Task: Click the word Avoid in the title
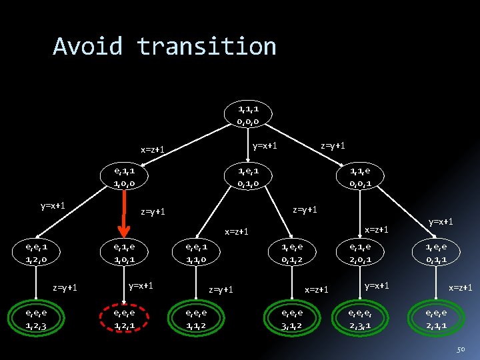click(x=88, y=47)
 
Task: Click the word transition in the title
click(x=207, y=47)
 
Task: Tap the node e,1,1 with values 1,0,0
click(x=124, y=176)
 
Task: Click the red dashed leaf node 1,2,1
click(x=124, y=319)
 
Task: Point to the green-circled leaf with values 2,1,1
click(x=440, y=319)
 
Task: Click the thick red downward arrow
click(x=124, y=213)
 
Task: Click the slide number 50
click(x=460, y=350)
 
